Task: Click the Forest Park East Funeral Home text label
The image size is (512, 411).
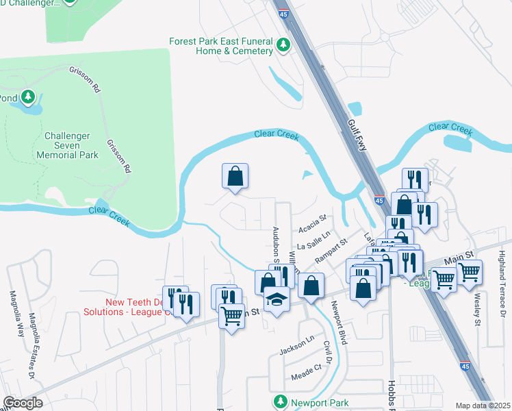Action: (x=221, y=46)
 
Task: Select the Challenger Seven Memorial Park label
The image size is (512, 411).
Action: (x=71, y=145)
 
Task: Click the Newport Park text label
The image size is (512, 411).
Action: (x=319, y=403)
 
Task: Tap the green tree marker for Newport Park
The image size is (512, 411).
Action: (x=280, y=401)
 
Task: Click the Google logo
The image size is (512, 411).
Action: (x=23, y=403)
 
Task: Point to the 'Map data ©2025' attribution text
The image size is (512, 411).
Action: (x=483, y=406)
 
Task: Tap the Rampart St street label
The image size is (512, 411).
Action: (x=332, y=251)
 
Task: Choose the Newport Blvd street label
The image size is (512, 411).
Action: (x=340, y=318)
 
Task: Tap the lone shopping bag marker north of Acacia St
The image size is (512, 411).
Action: (x=235, y=176)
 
